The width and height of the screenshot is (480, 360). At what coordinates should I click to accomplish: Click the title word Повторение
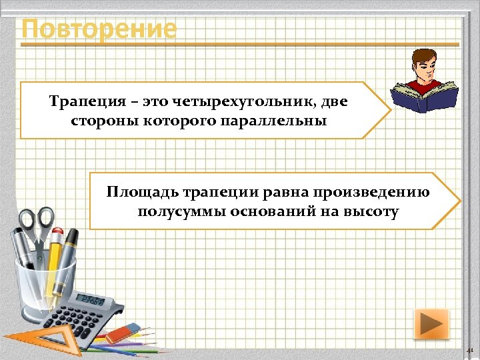[x=99, y=29]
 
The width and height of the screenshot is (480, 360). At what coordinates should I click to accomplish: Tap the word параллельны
[x=283, y=121]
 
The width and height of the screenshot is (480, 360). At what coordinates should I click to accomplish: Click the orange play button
[x=431, y=325]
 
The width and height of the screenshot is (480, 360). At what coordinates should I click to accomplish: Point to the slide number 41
[x=469, y=349]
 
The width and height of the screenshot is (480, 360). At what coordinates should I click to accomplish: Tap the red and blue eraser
[x=123, y=331]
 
